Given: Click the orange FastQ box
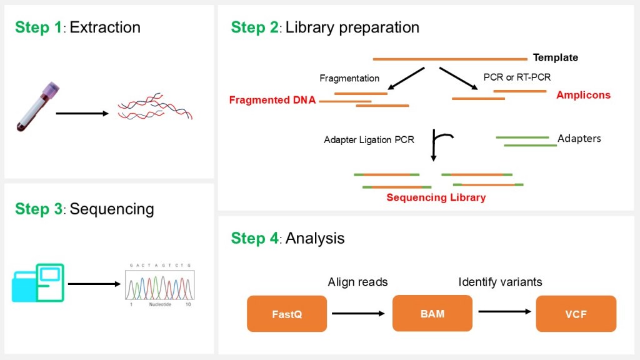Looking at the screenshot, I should (287, 314).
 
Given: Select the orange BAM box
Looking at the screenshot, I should (432, 313).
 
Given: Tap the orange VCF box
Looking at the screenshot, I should (576, 314).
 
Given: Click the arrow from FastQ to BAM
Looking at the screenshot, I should (359, 313).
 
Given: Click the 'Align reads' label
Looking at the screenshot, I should (357, 282).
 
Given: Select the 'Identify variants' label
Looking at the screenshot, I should (500, 282).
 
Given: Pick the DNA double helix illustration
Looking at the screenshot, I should (155, 108).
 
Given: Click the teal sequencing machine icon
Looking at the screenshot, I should (38, 282).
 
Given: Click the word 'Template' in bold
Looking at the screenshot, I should (555, 58).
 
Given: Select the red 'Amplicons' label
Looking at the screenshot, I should (583, 95).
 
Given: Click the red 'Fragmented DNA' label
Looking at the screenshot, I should (272, 100).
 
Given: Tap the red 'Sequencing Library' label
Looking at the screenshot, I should (436, 197).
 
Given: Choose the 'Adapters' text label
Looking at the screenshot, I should (579, 138).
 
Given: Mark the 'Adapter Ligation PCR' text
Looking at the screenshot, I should (369, 140).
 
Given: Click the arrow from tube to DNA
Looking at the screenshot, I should (82, 114).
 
